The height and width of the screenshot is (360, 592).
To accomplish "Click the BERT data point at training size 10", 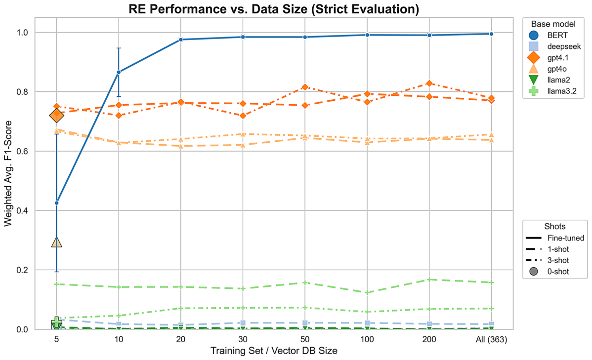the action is click(x=119, y=72).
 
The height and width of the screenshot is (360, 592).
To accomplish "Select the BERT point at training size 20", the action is click(x=181, y=40).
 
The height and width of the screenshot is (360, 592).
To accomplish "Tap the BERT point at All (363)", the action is click(x=491, y=34).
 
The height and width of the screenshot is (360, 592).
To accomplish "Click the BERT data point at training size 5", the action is click(x=57, y=203).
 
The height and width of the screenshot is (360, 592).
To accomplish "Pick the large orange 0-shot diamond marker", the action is click(x=57, y=116).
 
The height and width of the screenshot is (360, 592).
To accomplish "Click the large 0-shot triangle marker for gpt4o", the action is click(x=57, y=242).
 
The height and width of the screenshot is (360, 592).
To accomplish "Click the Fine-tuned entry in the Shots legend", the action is click(x=555, y=238).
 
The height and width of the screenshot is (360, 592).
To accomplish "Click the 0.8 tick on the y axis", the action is click(x=23, y=92).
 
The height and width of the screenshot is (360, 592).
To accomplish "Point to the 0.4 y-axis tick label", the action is click(x=23, y=210).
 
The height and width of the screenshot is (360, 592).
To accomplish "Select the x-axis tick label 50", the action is click(x=305, y=339).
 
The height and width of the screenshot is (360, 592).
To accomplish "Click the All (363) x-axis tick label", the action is click(x=491, y=339).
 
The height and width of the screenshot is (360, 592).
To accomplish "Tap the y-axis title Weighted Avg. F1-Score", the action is click(x=8, y=173).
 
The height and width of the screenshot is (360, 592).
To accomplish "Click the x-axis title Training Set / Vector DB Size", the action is click(x=274, y=351).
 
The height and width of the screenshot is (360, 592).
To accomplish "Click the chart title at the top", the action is click(x=274, y=9).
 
